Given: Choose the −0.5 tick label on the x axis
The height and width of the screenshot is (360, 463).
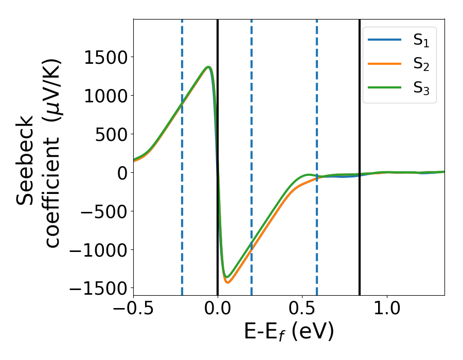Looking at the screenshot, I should click(x=133, y=310).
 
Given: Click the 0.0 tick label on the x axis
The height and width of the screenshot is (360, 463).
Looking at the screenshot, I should click(x=218, y=310).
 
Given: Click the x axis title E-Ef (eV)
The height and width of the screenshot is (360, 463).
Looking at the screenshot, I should click(x=289, y=332).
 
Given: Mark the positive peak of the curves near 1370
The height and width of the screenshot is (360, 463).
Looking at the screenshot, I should click(x=208, y=67).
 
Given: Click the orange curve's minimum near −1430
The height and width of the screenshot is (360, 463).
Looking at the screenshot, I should click(x=227, y=282).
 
